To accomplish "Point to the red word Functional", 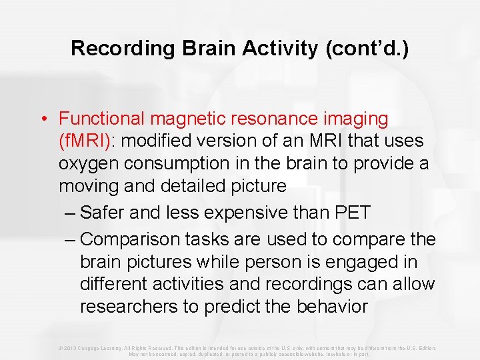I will (x=101, y=119).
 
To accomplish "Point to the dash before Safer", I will (x=71, y=213).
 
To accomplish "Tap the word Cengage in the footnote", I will (x=92, y=348).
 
